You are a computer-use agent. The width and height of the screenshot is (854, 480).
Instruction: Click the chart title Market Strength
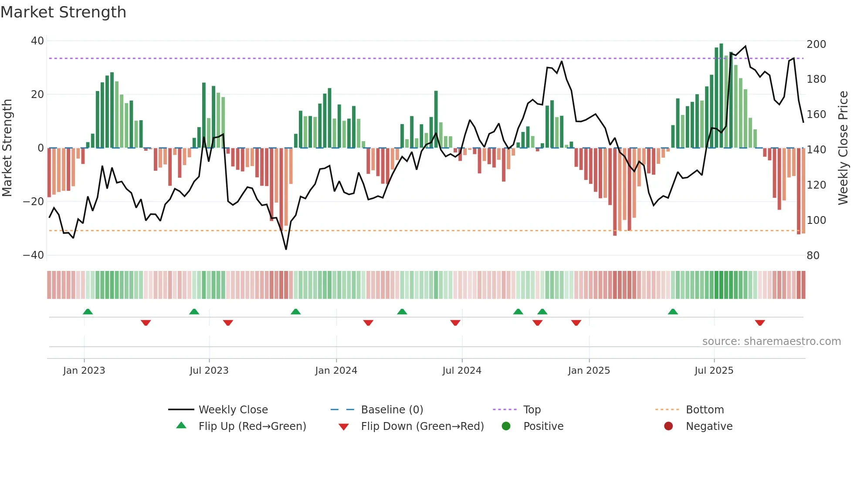click(x=63, y=12)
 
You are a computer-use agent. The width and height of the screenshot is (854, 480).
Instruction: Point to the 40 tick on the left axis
click(x=37, y=41)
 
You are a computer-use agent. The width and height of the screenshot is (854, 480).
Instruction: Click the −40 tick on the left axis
click(x=34, y=255)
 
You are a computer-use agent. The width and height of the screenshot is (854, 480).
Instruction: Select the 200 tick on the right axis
click(x=816, y=44)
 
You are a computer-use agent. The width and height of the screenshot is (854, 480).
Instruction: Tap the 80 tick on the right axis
click(x=813, y=256)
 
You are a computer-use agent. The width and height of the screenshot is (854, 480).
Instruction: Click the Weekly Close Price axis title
click(x=843, y=148)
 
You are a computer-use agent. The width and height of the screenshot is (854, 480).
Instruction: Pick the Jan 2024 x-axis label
click(x=336, y=371)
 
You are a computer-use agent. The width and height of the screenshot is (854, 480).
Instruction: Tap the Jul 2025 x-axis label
click(x=714, y=371)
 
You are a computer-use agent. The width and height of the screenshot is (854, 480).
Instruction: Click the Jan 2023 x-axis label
click(x=84, y=371)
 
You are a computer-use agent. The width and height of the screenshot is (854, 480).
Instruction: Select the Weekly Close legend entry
click(x=233, y=410)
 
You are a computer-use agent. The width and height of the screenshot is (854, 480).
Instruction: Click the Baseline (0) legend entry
click(x=392, y=410)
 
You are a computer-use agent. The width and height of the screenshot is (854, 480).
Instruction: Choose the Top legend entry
click(x=532, y=410)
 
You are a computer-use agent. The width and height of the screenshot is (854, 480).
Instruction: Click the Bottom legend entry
click(x=705, y=410)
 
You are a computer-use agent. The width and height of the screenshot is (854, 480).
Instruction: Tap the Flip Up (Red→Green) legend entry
click(x=252, y=426)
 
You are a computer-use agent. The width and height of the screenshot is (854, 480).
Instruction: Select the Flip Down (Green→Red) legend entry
click(x=422, y=426)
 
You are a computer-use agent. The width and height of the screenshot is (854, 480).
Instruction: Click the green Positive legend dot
click(x=506, y=426)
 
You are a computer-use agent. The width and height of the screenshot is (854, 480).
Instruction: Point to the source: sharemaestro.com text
click(x=771, y=341)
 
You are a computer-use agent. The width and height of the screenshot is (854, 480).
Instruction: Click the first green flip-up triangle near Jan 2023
click(x=88, y=312)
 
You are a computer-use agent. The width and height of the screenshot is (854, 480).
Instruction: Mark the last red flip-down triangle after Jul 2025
click(x=760, y=323)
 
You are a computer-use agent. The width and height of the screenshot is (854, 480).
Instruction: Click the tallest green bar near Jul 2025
click(x=721, y=96)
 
